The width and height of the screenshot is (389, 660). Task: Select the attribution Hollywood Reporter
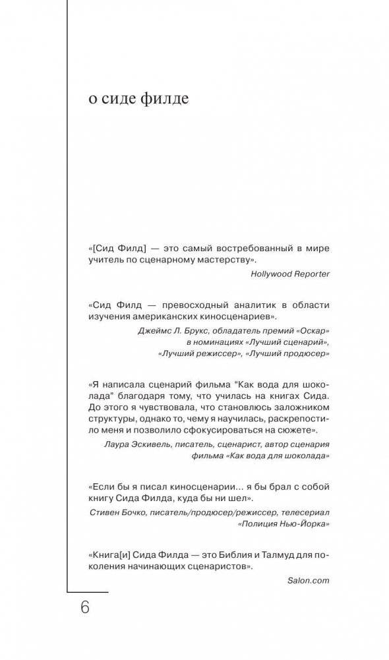coord(290,272)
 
